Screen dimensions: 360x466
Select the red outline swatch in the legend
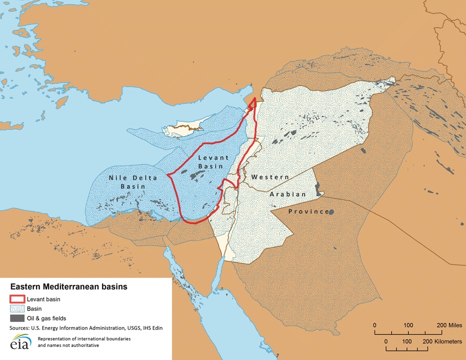[x=17, y=299]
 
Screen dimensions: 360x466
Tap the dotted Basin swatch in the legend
[x=17, y=308]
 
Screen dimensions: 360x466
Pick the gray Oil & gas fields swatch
[x=17, y=318]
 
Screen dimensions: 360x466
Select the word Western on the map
[x=270, y=177]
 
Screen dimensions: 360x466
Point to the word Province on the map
[x=308, y=211]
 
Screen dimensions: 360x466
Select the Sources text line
[x=85, y=328]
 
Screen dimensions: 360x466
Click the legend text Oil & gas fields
[x=46, y=318]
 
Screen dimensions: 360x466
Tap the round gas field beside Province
[x=331, y=211]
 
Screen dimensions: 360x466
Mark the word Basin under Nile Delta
[x=132, y=186]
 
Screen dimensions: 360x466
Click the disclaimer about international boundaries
[x=84, y=342]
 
